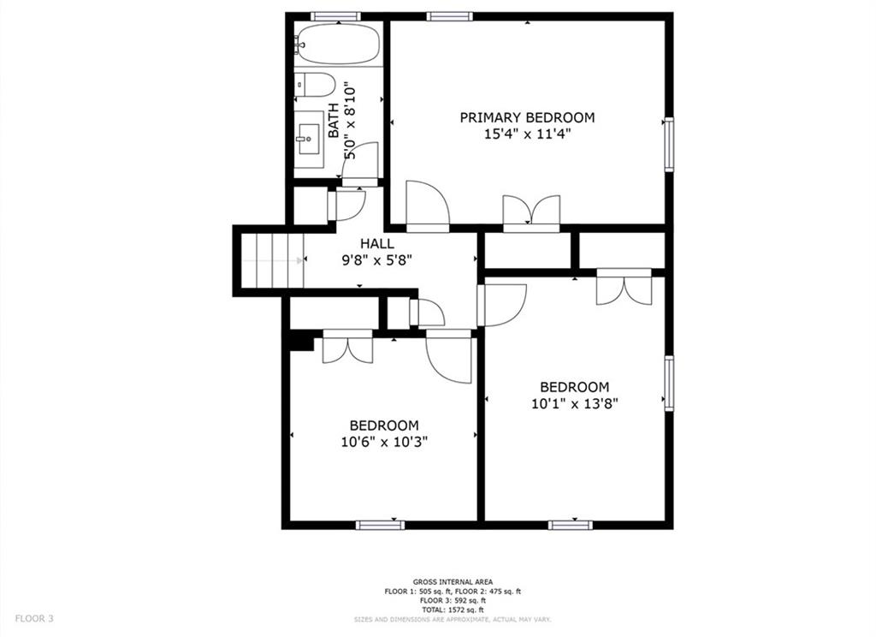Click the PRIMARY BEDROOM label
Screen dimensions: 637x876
point(527,117)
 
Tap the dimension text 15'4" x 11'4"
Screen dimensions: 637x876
point(527,134)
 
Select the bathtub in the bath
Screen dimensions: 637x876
point(337,44)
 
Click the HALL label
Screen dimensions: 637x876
point(376,244)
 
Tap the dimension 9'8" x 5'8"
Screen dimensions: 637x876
point(376,260)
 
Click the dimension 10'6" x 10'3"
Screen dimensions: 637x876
point(383,442)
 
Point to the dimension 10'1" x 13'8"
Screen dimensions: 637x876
point(574,403)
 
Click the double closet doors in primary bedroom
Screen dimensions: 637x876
point(531,212)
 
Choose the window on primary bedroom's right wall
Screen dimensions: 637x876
point(669,144)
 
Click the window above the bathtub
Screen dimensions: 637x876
point(335,16)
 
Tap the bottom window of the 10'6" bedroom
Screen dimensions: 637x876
point(380,524)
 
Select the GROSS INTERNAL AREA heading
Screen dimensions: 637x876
point(453,581)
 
